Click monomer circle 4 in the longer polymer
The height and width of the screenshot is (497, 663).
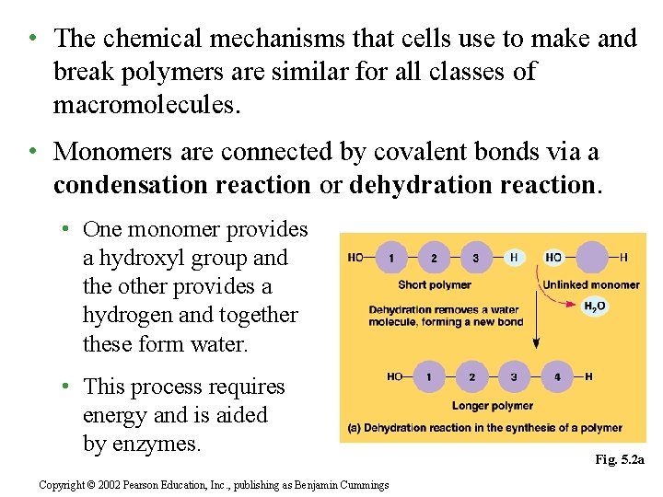point(555,376)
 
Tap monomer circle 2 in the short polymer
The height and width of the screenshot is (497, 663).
point(434,258)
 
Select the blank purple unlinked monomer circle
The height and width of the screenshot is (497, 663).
point(592,258)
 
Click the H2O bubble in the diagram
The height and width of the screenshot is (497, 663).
point(595,306)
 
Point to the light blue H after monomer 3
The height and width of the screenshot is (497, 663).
point(514,258)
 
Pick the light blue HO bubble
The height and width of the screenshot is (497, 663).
point(554,258)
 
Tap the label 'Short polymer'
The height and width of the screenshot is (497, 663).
point(435,284)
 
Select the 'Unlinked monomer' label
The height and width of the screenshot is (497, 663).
point(591,284)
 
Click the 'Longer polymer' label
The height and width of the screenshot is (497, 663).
point(493,405)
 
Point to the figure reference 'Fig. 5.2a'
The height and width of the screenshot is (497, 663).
point(620,458)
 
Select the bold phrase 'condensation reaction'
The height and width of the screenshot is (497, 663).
point(182,185)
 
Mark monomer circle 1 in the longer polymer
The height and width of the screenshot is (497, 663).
point(430,376)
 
